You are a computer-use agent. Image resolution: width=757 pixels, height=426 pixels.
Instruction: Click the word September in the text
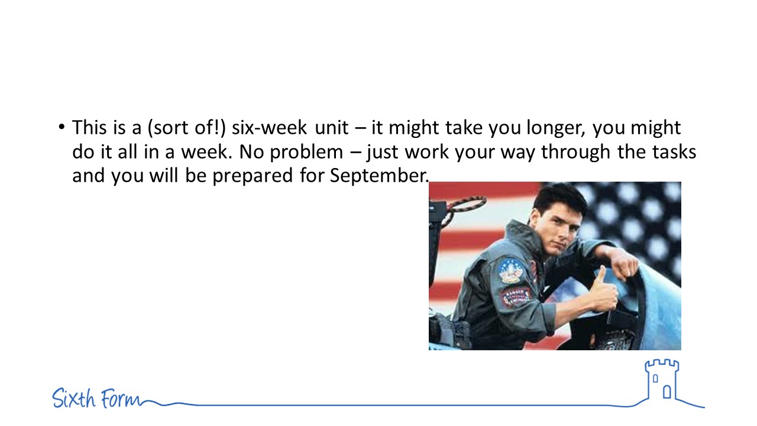click(379, 176)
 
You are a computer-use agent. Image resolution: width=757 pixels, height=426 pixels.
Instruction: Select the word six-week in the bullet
click(269, 128)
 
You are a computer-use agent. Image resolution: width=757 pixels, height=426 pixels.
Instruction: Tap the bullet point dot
click(61, 127)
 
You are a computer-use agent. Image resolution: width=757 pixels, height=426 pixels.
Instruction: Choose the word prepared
click(253, 176)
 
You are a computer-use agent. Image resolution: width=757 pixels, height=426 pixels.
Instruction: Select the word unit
click(332, 128)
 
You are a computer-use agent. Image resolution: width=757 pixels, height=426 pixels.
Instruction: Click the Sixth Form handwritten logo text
click(96, 398)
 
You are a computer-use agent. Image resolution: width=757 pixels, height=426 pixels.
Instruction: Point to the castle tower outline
click(662, 380)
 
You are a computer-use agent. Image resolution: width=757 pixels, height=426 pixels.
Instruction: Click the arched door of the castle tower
click(667, 392)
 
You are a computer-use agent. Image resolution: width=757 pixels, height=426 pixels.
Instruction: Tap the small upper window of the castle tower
click(655, 378)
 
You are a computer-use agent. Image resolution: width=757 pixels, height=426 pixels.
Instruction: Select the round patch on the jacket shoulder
click(509, 270)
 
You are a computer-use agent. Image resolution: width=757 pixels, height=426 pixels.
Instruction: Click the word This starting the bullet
click(89, 128)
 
